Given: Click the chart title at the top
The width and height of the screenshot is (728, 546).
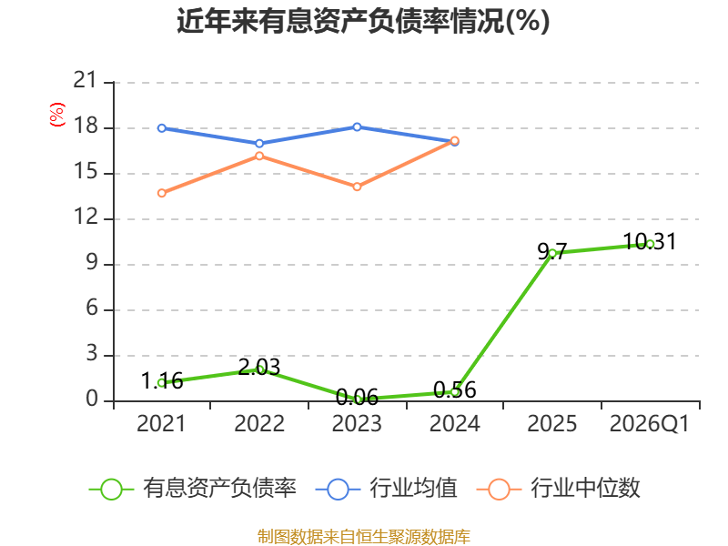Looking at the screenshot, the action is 363,21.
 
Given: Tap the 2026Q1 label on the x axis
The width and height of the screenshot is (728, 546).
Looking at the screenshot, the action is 650,424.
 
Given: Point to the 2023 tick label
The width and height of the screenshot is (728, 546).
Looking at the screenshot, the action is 357,424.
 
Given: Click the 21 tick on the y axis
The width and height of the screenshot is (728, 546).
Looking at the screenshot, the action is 86,80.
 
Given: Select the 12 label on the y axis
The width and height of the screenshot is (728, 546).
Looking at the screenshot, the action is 86,217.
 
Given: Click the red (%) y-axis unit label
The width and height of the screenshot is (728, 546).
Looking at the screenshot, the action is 56,115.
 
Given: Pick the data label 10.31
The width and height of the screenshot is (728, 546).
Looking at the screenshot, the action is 650,241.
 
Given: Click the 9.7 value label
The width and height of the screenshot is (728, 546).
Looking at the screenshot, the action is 552,252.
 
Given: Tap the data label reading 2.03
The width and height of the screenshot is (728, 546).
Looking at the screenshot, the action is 259,368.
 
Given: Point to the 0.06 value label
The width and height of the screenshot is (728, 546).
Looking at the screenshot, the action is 357,398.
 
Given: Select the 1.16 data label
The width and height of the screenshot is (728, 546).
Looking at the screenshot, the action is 162,381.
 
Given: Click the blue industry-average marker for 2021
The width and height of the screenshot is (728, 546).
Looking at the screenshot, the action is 162,128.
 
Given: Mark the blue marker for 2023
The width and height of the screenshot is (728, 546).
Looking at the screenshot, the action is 357,126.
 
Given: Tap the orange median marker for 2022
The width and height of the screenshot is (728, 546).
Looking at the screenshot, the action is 259,156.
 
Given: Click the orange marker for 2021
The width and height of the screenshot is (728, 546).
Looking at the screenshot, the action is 162,193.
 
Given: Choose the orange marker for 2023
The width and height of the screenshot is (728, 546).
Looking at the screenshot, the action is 357,187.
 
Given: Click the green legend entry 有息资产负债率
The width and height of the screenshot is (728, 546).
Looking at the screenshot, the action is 192,489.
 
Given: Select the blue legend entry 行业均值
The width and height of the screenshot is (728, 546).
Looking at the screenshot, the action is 386,489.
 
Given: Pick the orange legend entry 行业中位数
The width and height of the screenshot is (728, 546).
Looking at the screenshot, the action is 559,489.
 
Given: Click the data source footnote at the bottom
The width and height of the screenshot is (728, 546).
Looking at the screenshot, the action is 363,537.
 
